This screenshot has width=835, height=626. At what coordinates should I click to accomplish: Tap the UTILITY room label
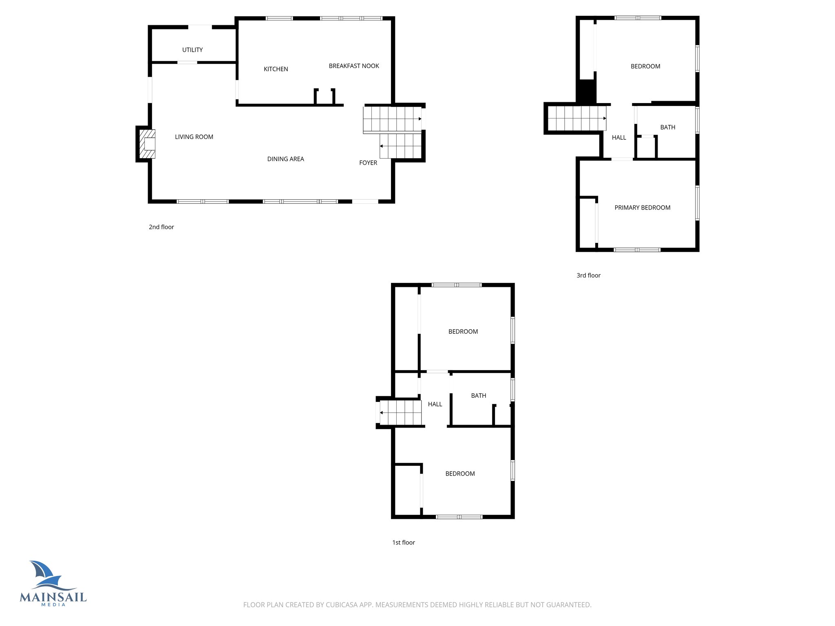[x=192, y=50]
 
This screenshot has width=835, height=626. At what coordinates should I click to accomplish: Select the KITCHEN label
[x=276, y=69]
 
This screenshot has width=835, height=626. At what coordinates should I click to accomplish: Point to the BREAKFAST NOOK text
[x=354, y=66]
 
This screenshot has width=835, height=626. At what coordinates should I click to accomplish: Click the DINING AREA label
[x=285, y=159]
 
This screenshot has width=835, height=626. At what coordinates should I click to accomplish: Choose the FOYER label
[x=368, y=163]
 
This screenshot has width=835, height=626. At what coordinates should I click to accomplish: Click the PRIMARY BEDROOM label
[x=642, y=207]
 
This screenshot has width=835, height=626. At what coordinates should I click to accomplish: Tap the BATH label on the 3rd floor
[x=667, y=127]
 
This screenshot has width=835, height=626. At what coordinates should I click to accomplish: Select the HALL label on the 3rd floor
[x=619, y=137]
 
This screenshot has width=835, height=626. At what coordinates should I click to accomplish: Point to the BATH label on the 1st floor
[x=478, y=395]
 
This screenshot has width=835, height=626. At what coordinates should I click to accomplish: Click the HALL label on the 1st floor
[x=435, y=404]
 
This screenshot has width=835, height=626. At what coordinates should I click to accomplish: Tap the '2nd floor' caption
[x=161, y=227]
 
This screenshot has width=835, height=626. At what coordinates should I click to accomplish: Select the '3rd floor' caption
[x=588, y=275]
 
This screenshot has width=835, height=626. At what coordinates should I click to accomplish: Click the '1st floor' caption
[x=403, y=542]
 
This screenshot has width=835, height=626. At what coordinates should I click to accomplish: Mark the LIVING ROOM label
[x=194, y=137]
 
